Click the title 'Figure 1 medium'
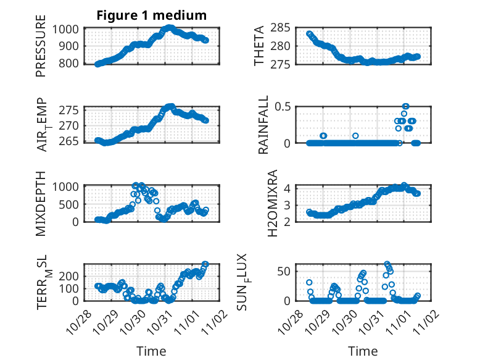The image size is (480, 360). click(151, 15)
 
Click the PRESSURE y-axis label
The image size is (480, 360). click(41, 50)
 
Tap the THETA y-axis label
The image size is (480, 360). click(259, 46)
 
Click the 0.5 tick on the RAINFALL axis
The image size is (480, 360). click(283, 107)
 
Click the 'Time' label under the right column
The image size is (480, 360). click(363, 351)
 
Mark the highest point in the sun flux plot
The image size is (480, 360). click(387, 264)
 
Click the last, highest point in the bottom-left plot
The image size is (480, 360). click(205, 264)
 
